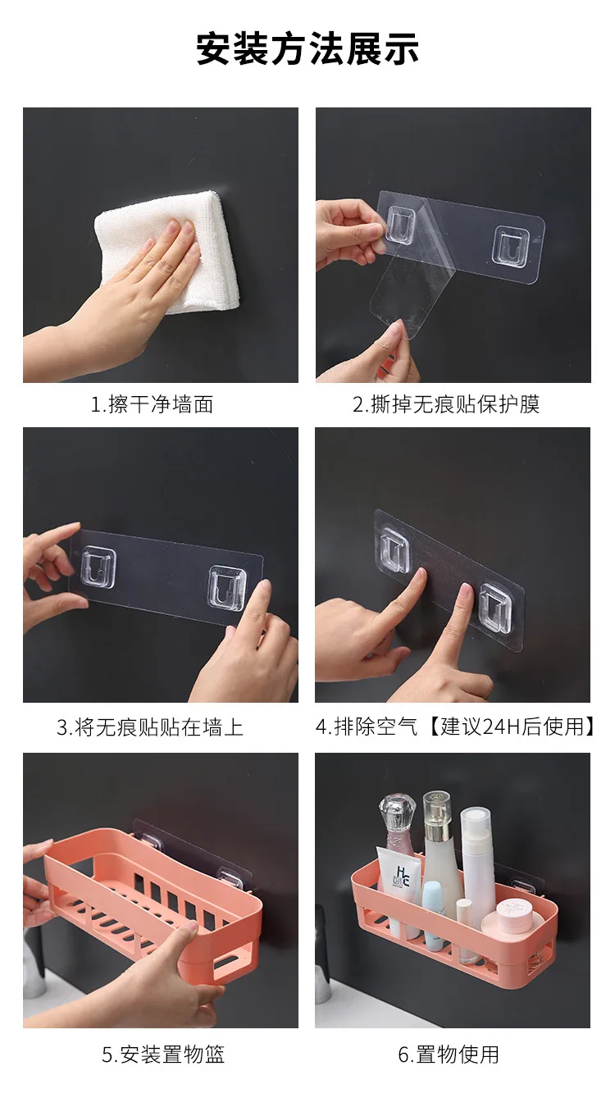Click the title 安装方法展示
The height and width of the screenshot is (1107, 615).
(x=307, y=49)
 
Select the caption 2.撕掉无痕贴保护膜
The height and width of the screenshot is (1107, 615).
(x=446, y=404)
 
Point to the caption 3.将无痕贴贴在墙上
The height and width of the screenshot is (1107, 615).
(x=150, y=727)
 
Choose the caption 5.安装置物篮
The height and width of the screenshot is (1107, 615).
(x=163, y=1055)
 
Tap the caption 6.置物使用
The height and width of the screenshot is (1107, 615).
(x=449, y=1055)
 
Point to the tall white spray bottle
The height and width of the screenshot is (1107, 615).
(x=477, y=853)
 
